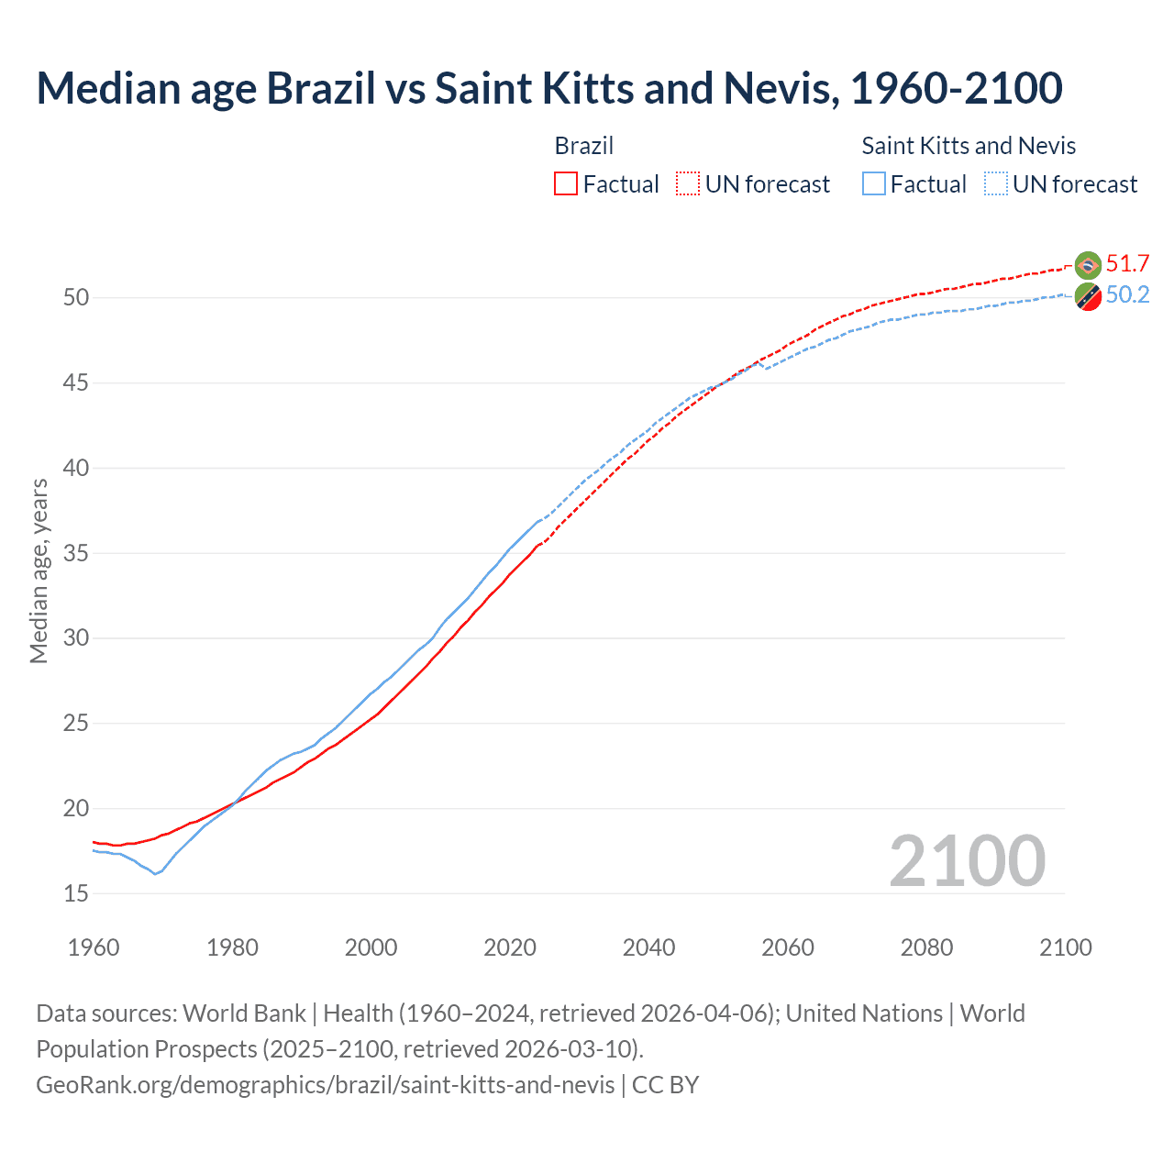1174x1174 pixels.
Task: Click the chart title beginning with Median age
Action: tap(548, 88)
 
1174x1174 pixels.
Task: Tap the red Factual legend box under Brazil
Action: tap(566, 183)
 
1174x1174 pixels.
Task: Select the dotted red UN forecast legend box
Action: tap(688, 183)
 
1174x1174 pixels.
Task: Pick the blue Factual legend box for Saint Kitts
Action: tap(874, 183)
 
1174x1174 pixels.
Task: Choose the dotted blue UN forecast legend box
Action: tap(996, 183)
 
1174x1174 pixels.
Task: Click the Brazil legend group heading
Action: tap(584, 146)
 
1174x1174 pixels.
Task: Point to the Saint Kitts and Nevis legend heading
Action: tap(969, 146)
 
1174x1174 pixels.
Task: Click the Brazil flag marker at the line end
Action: tap(1088, 265)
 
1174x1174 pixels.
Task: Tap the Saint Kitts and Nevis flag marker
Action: tap(1088, 297)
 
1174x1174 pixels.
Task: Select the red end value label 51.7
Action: tap(1127, 264)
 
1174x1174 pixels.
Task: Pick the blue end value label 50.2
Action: tap(1127, 295)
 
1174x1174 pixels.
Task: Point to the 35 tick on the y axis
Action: tap(76, 553)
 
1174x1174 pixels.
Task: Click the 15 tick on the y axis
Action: tap(76, 893)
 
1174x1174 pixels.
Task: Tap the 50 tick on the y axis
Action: tap(76, 298)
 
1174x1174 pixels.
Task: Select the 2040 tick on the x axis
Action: tap(648, 947)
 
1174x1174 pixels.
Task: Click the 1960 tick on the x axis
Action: tap(94, 947)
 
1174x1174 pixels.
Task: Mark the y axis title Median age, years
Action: tap(39, 570)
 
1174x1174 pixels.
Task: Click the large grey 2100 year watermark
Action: tap(967, 861)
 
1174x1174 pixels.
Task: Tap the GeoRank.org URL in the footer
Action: tap(326, 1085)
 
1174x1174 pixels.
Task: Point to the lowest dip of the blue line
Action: tap(155, 873)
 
